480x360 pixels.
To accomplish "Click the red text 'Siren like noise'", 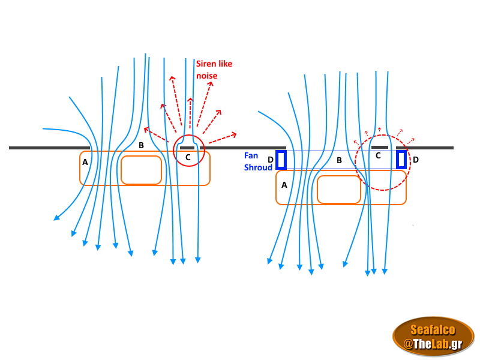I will (214, 70).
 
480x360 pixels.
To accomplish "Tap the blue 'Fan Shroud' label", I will (258, 161).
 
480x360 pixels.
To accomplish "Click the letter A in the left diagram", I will (85, 161).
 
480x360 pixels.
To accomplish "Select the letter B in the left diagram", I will (141, 145).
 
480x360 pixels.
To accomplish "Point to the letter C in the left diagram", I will (187, 157).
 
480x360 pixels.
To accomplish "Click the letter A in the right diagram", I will (284, 185).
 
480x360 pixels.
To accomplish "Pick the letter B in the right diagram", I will (339, 160).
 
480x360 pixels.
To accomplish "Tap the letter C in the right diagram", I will (378, 155).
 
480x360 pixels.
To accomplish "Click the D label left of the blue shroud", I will (270, 160).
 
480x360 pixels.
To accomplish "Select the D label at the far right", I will (415, 160).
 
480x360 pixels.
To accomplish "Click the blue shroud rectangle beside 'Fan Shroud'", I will (281, 160).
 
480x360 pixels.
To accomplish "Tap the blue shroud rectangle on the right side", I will (401, 160).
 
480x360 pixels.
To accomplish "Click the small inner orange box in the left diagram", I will (141, 170).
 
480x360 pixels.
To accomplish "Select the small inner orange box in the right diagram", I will (338, 190).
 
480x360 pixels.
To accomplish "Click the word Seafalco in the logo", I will (433, 329).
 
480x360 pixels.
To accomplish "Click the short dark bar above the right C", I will (379, 147).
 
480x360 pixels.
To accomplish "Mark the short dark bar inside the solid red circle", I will (187, 148).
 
